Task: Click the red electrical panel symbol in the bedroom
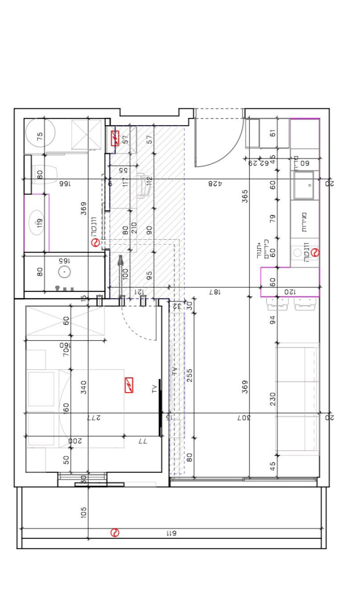[x=129, y=385]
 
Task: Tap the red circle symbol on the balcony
[x=115, y=533]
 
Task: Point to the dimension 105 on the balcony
[x=83, y=512]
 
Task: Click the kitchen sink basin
[x=304, y=185]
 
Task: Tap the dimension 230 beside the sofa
[x=273, y=399]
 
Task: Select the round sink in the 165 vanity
[x=64, y=272]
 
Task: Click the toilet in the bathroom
[x=47, y=174]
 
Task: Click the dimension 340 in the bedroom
[x=83, y=386]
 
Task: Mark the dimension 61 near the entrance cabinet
[x=273, y=133]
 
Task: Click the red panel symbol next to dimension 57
[x=115, y=138]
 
